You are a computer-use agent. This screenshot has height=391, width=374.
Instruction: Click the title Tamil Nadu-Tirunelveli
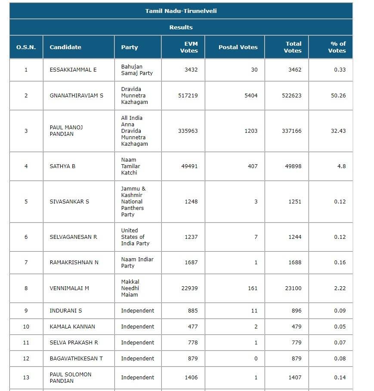[x=181, y=11]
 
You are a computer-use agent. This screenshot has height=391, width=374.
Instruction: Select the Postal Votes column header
[x=238, y=47]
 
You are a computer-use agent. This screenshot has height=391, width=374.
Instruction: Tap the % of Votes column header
[x=337, y=47]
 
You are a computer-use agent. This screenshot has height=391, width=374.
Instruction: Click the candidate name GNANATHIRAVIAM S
[x=77, y=95]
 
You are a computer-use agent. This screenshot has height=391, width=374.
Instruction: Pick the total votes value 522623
[x=293, y=95]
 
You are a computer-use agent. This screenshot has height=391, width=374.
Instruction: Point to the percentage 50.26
[x=338, y=95]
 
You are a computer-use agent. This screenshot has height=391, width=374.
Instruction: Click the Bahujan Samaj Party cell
[x=137, y=70]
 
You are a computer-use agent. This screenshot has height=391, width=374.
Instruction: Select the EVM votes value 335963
[x=188, y=131]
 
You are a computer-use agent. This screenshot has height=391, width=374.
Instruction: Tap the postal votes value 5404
[x=250, y=95]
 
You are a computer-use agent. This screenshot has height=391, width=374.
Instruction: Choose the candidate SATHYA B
[x=62, y=166]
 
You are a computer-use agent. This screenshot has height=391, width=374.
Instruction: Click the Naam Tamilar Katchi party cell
[x=131, y=166]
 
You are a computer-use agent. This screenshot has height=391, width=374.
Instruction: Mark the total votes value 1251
[x=295, y=201]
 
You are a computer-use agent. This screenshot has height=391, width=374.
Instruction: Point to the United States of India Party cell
[x=135, y=237]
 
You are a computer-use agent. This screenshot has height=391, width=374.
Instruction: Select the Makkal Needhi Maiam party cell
[x=130, y=288]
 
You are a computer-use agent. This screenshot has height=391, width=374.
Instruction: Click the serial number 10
[x=26, y=326]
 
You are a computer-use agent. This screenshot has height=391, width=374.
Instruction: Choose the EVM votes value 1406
[x=191, y=377]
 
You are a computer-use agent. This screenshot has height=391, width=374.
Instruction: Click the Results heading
[x=181, y=27]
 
